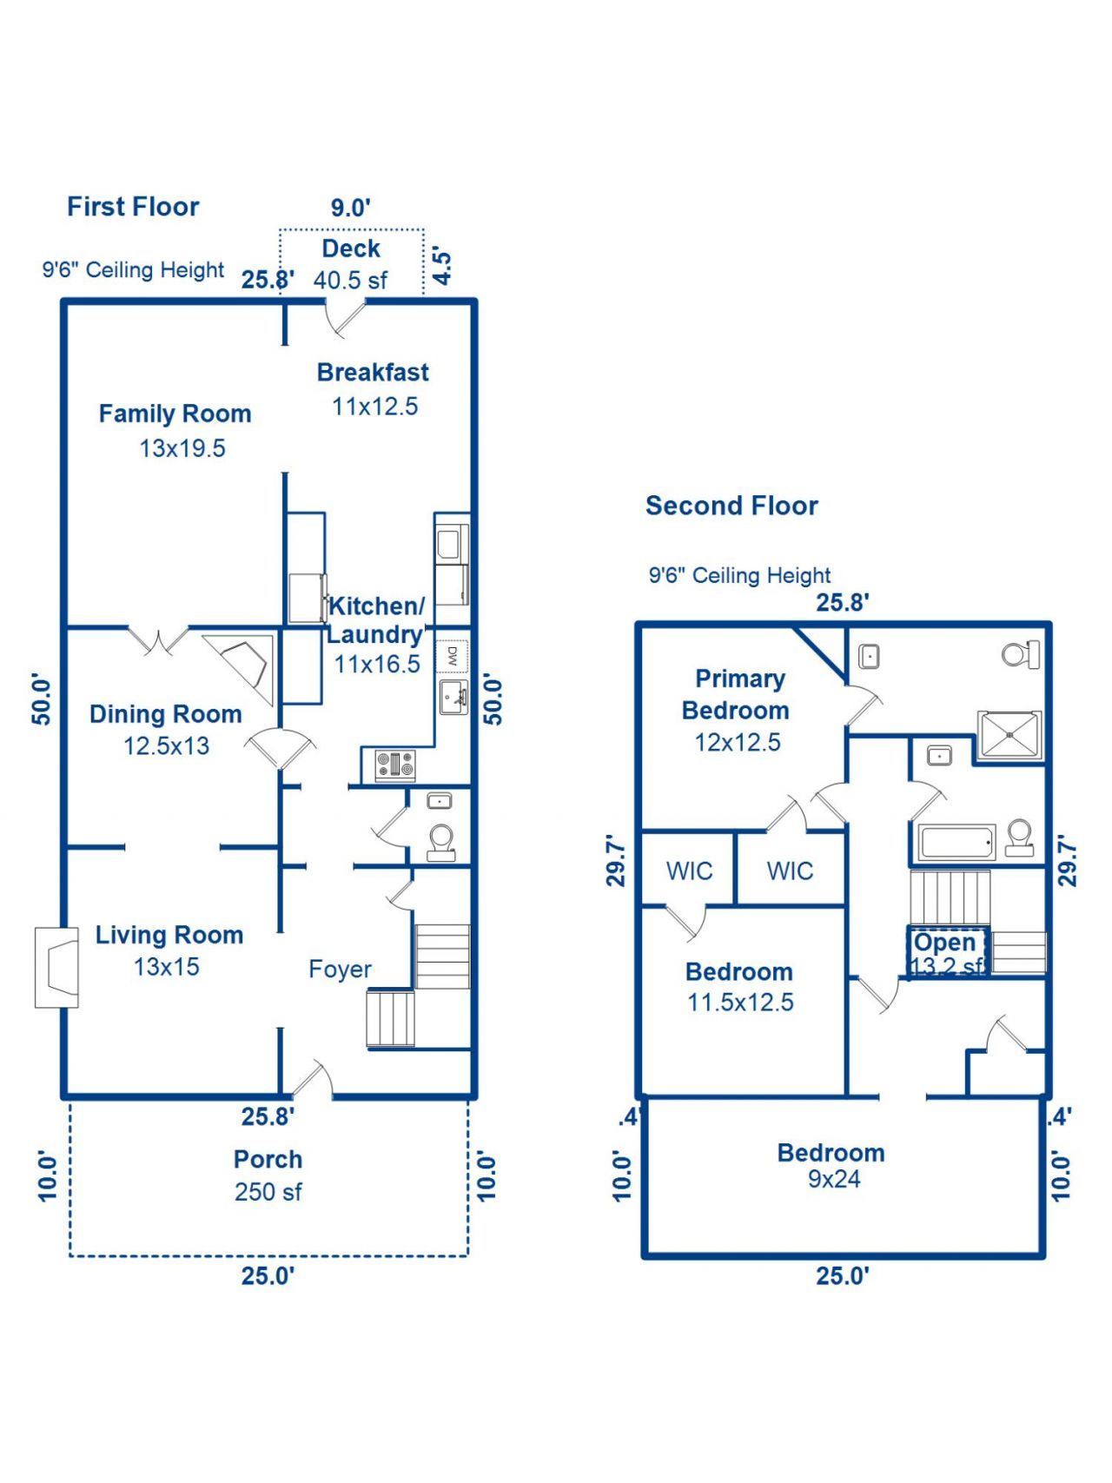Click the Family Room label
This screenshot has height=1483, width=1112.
[175, 414]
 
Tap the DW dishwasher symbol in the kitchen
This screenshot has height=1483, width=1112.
[452, 656]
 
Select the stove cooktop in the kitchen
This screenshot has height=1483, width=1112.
[394, 765]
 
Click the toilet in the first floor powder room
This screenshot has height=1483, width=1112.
[441, 841]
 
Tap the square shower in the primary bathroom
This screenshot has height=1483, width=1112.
[1009, 735]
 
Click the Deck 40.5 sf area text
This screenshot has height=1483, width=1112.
[350, 280]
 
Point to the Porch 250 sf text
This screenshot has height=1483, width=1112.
[268, 1176]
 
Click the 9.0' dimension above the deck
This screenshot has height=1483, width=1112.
[350, 209]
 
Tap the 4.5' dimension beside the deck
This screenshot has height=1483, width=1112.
[442, 268]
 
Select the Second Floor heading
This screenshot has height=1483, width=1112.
[731, 506]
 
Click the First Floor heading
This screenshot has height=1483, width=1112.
[133, 207]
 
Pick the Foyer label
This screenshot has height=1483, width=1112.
[340, 970]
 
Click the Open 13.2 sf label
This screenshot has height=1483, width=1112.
[946, 954]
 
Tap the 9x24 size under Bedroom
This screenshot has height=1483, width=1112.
[834, 1179]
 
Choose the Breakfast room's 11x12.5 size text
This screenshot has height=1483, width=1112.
[374, 407]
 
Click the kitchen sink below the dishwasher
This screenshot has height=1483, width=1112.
[453, 697]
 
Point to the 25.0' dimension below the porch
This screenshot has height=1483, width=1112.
[268, 1276]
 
